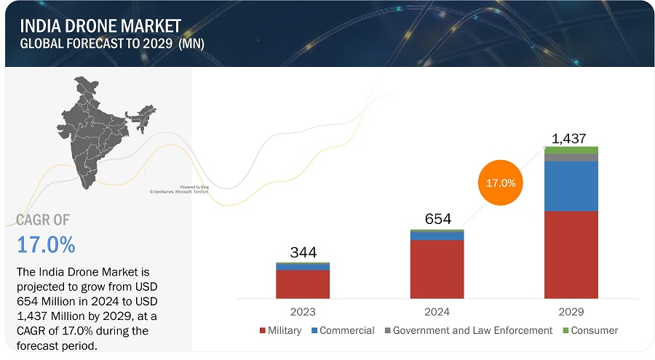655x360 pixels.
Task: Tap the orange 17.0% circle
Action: [500, 183]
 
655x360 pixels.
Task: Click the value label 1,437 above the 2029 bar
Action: [568, 139]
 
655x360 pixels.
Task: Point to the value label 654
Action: [438, 219]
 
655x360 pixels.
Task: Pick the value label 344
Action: [303, 253]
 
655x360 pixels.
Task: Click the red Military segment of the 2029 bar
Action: [571, 255]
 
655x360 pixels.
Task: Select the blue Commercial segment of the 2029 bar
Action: [571, 185]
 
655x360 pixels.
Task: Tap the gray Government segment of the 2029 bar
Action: [571, 157]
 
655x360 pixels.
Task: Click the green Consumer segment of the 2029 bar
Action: [571, 150]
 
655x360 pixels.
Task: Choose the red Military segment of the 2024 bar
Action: [437, 269]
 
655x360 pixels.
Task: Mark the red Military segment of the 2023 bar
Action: [303, 284]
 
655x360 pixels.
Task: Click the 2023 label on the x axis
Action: [303, 311]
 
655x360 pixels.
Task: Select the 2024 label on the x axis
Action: [437, 311]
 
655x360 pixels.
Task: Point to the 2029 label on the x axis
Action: [571, 311]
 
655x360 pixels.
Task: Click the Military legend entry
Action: [279, 330]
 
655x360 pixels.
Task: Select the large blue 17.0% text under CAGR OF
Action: [46, 245]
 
